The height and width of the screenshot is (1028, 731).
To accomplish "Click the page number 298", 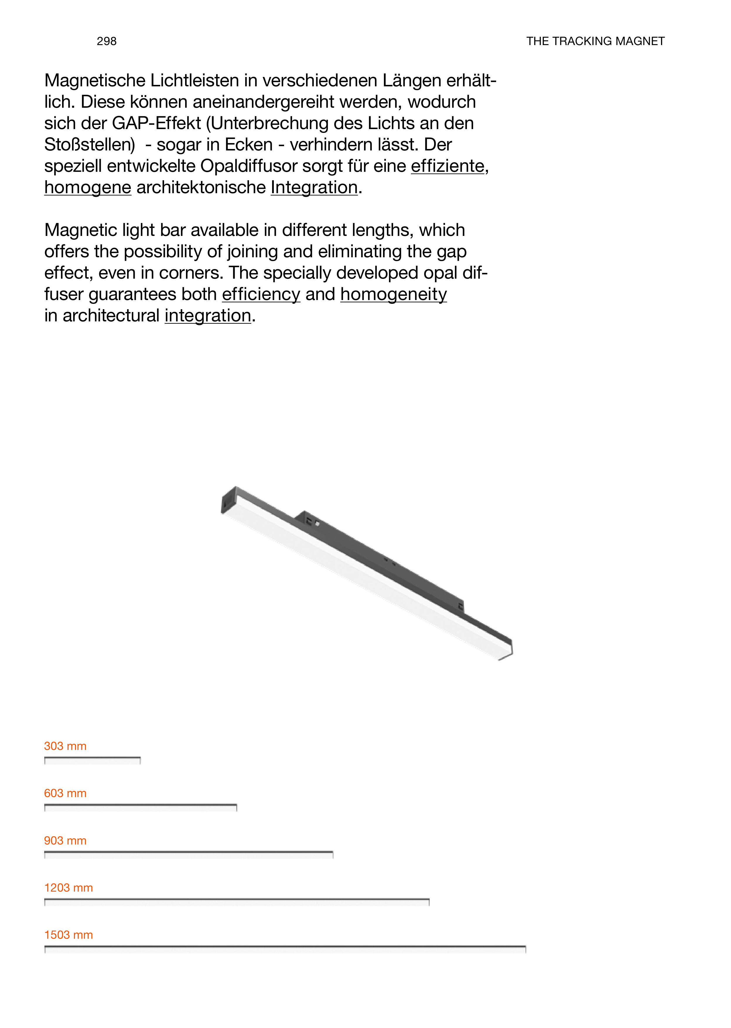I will point(107,41).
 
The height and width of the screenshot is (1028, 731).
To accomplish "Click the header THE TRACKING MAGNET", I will point(595,41).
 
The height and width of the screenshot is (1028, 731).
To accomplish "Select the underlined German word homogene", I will point(88,188).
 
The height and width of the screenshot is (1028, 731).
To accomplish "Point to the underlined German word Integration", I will point(314,188).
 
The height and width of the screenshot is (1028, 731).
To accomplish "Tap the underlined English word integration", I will point(208,316).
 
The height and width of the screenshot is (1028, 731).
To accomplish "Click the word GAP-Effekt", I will point(156,123).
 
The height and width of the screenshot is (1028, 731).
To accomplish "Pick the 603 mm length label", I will point(65,793).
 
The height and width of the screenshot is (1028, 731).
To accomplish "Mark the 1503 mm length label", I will point(69,935).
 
